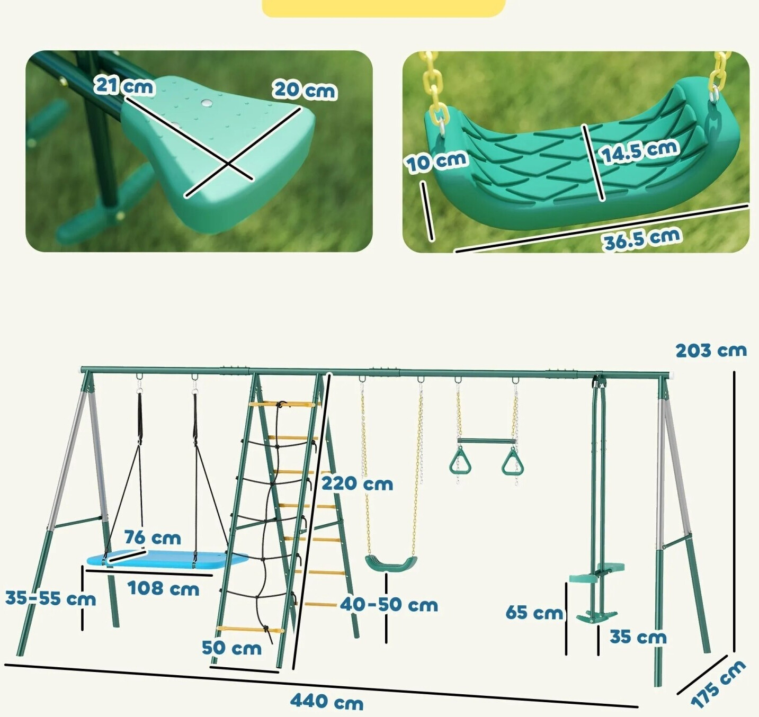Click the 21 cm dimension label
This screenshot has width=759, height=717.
tap(124, 86)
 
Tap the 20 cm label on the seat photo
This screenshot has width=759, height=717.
tap(305, 90)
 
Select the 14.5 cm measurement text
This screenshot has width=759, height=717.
tap(639, 151)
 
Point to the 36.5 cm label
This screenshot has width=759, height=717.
tap(641, 238)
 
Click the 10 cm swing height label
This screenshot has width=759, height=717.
tap(436, 162)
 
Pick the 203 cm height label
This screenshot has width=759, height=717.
tap(711, 351)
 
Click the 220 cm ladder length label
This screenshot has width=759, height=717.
tap(357, 483)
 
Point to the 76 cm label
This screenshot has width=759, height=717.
tap(153, 537)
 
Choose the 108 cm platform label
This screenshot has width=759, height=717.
tap(163, 588)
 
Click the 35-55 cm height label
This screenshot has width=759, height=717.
tap(50, 598)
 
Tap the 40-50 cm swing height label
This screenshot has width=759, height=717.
tap(389, 604)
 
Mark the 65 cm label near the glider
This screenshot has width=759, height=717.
tap(534, 613)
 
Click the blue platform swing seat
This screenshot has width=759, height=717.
tap(167, 560)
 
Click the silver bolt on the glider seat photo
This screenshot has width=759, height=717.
tap(207, 103)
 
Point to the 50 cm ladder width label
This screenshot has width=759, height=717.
tap(231, 648)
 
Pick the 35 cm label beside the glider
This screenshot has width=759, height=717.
tap(638, 637)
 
